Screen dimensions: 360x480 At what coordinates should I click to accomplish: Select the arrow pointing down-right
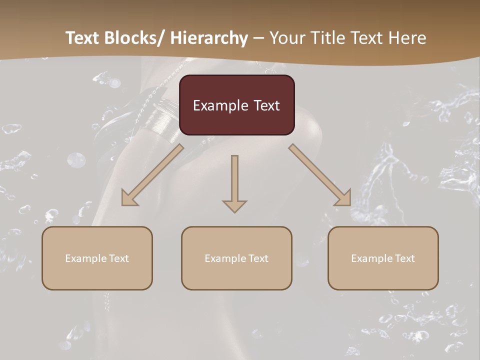(x=320, y=175)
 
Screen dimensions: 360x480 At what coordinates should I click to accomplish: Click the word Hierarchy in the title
(x=209, y=38)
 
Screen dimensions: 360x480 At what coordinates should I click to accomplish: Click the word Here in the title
(x=409, y=38)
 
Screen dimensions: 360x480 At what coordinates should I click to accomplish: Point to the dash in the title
(x=258, y=38)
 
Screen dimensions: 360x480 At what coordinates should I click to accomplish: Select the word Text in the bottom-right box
(x=404, y=258)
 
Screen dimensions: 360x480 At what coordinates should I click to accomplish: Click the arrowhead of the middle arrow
(x=234, y=206)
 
